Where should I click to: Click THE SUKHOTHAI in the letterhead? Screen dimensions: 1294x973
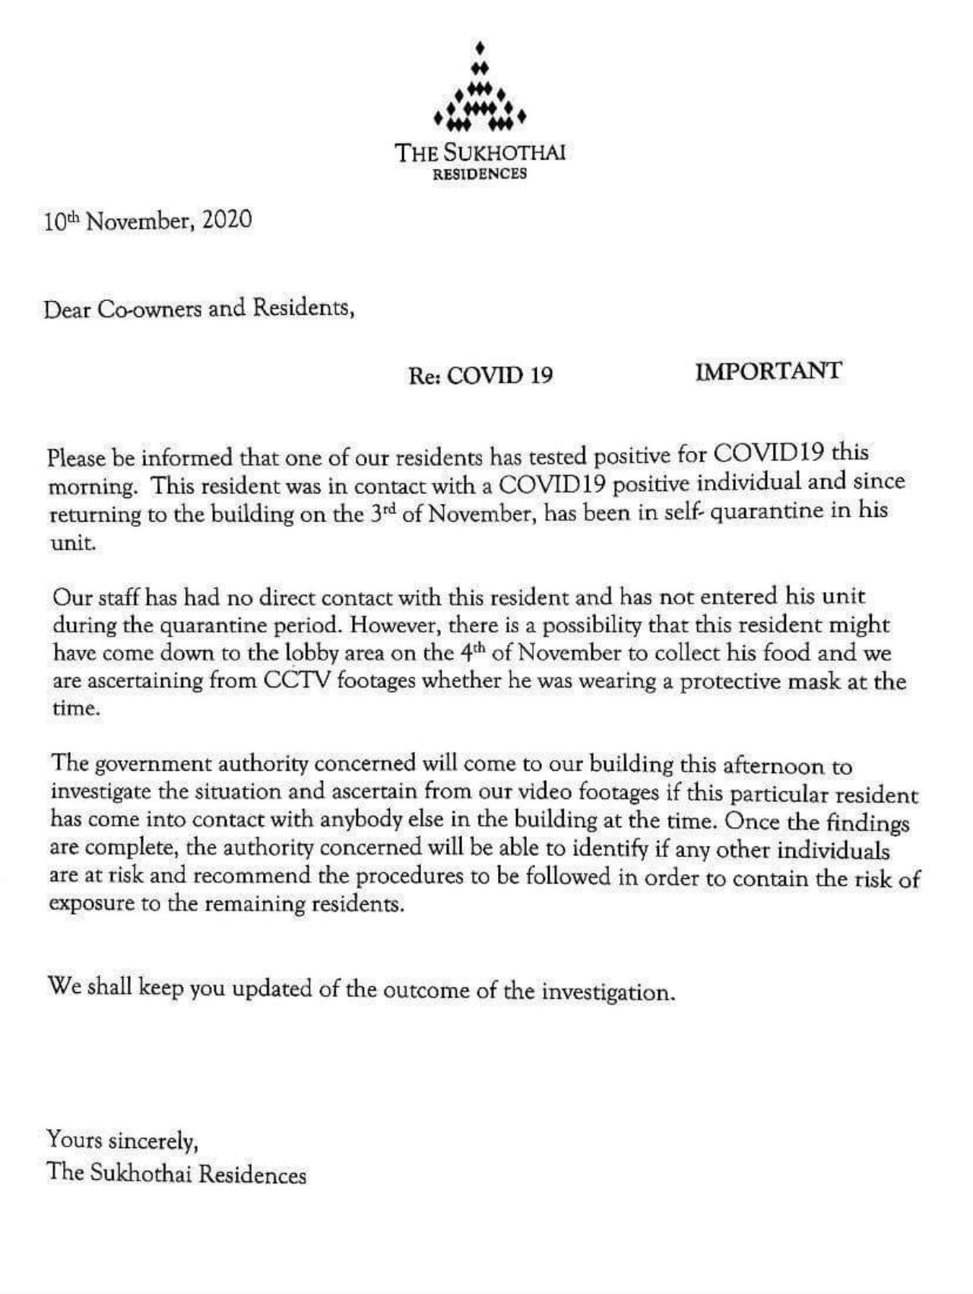tap(480, 153)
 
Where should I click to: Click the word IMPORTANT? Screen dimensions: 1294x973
tap(768, 371)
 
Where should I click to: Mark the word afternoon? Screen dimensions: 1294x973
tap(765, 764)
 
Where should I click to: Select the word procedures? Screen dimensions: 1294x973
tap(411, 877)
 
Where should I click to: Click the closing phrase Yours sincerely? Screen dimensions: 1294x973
tap(122, 1140)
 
